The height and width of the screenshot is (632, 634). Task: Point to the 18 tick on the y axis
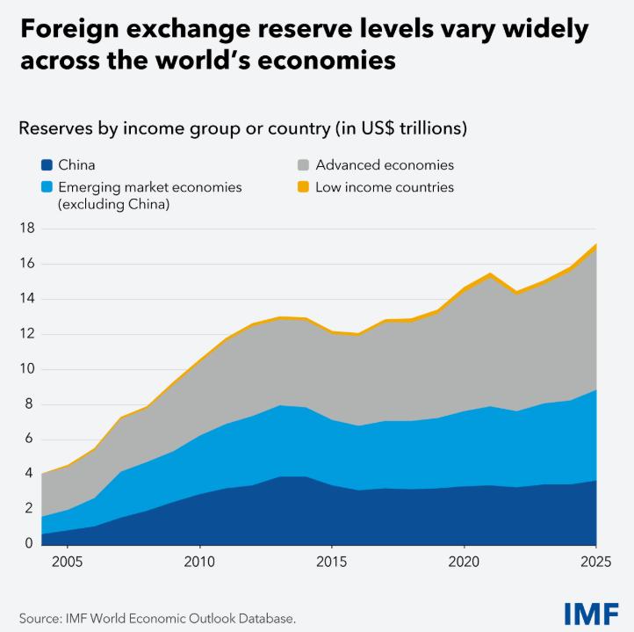click(x=26, y=229)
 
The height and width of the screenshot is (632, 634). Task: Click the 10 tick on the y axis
click(x=26, y=369)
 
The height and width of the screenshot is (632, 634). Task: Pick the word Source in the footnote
click(x=40, y=618)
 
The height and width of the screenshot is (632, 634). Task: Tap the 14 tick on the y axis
click(x=26, y=299)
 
